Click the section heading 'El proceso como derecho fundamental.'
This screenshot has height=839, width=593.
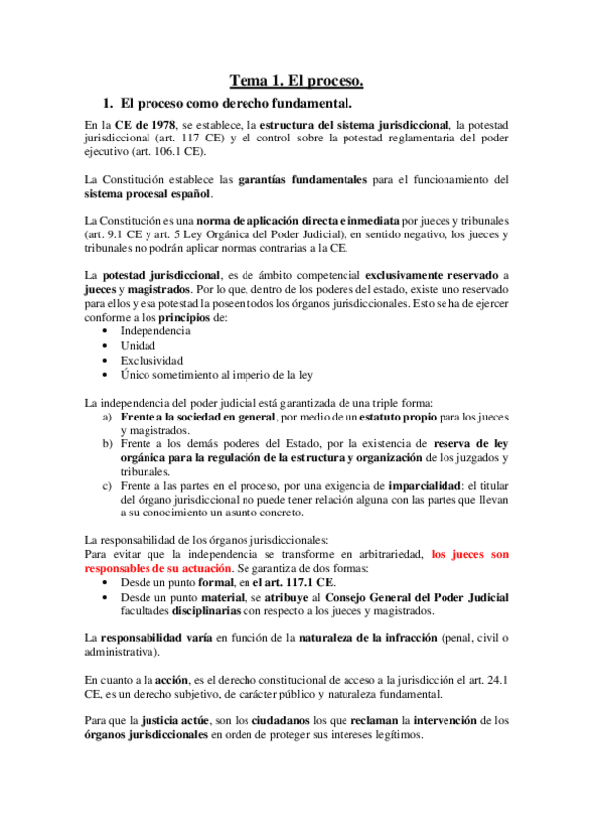(x=236, y=102)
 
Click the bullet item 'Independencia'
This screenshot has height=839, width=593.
(x=155, y=330)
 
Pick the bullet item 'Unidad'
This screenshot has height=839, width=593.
(x=138, y=345)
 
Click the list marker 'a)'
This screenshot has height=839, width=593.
(x=109, y=417)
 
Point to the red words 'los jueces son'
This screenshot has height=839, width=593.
(x=470, y=555)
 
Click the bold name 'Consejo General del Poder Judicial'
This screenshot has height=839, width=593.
(x=416, y=598)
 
